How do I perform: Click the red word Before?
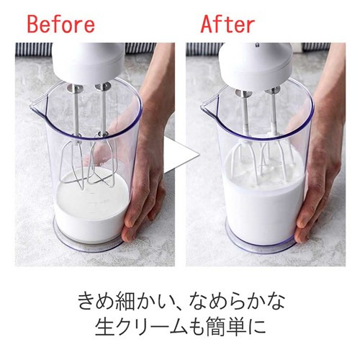coord(61,24)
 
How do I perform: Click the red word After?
coord(228,24)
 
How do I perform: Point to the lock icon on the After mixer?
coord(257,45)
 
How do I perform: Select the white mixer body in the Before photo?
coord(89,63)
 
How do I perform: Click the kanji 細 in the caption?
coord(125,300)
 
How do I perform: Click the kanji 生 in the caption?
coord(104,326)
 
